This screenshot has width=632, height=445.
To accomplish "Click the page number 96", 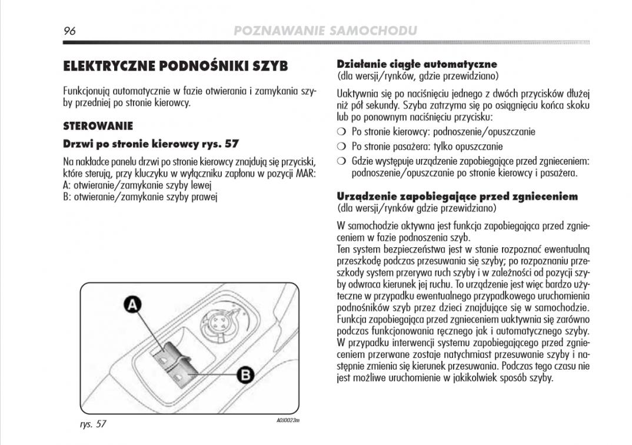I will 71,31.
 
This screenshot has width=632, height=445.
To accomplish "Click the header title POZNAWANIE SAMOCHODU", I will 325,31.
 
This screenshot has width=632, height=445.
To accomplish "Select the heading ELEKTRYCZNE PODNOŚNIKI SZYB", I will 175,66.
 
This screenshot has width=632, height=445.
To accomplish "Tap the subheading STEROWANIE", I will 98,126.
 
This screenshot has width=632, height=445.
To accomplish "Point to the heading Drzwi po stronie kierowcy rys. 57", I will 151,144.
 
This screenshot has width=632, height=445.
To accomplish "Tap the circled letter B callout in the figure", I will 245,374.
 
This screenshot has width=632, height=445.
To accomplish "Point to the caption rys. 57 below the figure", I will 93,424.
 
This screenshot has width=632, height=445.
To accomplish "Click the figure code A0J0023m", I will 288,420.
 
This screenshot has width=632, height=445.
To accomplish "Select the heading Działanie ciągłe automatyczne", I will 417,64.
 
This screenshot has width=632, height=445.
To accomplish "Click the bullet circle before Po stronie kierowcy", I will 341,132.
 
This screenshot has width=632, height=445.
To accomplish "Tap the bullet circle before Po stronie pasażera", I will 341,147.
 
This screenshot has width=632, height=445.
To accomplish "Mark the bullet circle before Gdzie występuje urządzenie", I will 341,161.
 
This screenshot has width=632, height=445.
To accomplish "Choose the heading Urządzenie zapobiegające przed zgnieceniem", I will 457,196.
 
